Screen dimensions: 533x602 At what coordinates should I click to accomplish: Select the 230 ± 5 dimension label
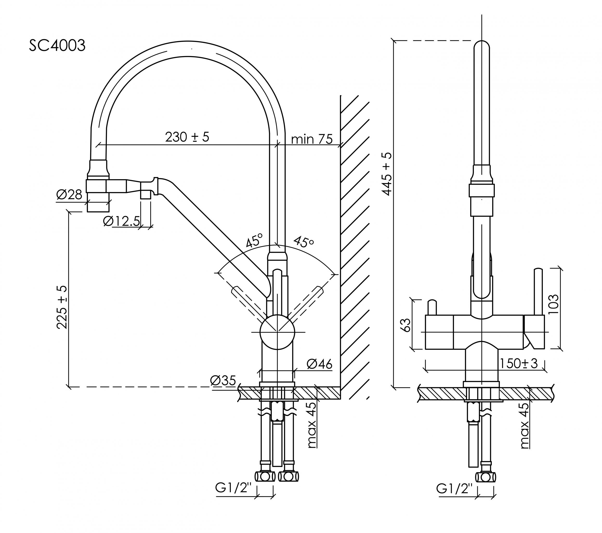pyautogui.click(x=187, y=137)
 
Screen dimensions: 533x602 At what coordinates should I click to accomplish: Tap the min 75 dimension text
pyautogui.click(x=312, y=139)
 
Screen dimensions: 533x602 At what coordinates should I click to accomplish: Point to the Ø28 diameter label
pyautogui.click(x=69, y=195)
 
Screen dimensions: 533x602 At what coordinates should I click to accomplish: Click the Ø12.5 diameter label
pyautogui.click(x=121, y=221)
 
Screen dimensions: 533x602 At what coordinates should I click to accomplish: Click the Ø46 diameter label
pyautogui.click(x=319, y=364)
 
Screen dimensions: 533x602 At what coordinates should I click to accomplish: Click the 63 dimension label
pyautogui.click(x=406, y=325)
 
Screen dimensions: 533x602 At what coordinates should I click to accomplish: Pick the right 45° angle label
pyautogui.click(x=303, y=242)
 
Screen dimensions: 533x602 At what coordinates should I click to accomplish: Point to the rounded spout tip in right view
pyautogui.click(x=482, y=47)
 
